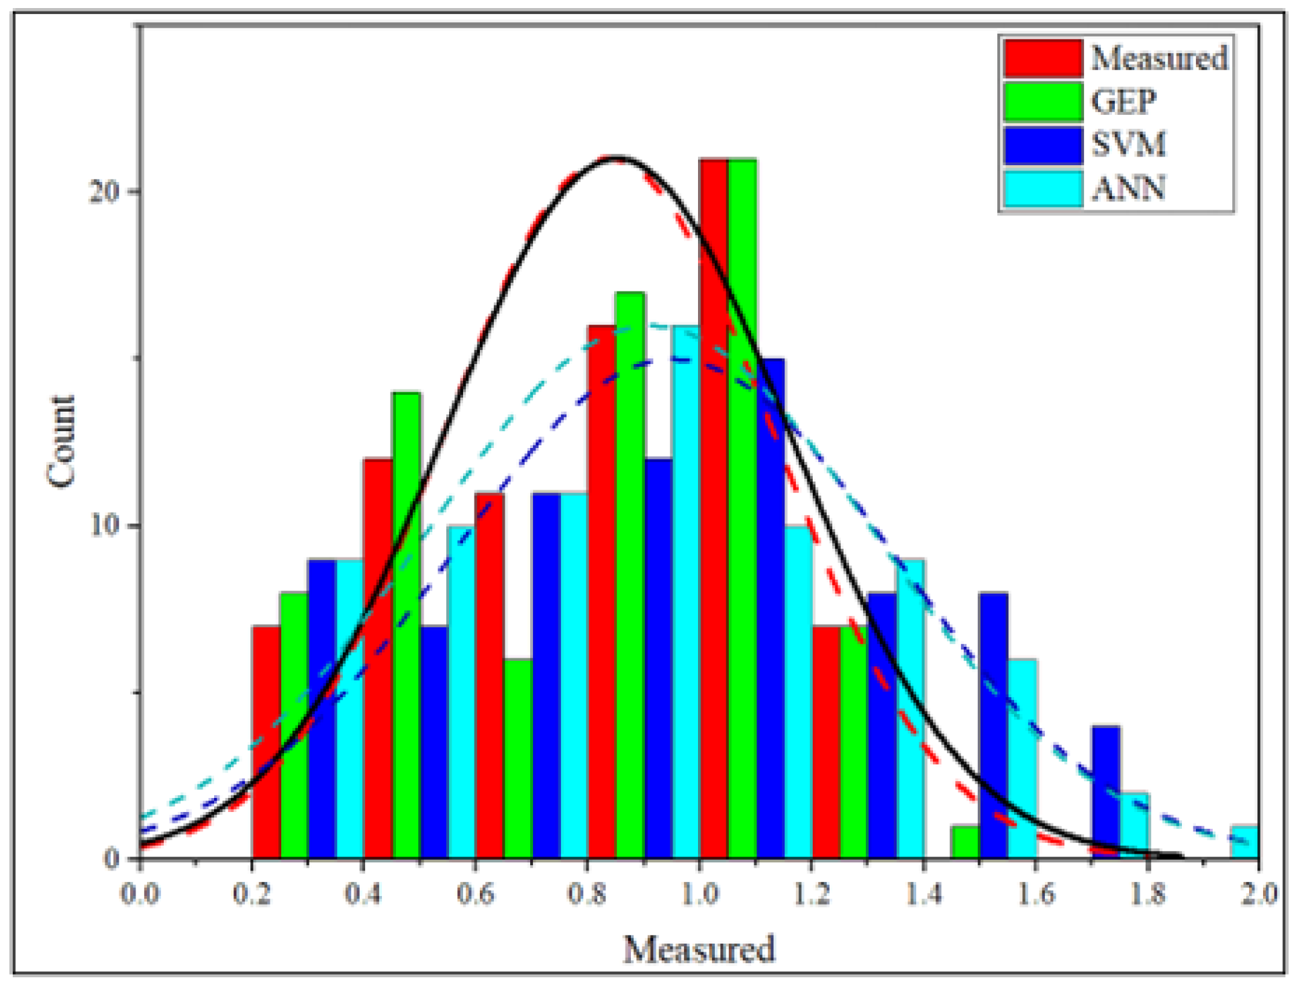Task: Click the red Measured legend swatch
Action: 1042,58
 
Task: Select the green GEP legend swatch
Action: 1042,101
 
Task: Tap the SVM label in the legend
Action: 1128,144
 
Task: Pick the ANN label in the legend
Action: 1128,188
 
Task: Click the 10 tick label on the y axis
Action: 104,525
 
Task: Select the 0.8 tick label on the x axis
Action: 587,894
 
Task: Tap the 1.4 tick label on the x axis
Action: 923,894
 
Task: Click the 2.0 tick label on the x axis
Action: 1258,894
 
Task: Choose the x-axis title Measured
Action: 699,949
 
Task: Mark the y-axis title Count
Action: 61,441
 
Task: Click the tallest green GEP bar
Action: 742,508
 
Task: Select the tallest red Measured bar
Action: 713,508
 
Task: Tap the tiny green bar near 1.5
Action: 965,842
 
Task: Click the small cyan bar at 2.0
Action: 1244,842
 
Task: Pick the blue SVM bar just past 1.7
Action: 1105,792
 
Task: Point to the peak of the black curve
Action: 616,158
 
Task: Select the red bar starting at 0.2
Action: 266,742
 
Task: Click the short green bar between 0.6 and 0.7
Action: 517,758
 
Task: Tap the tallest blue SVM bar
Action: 770,608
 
